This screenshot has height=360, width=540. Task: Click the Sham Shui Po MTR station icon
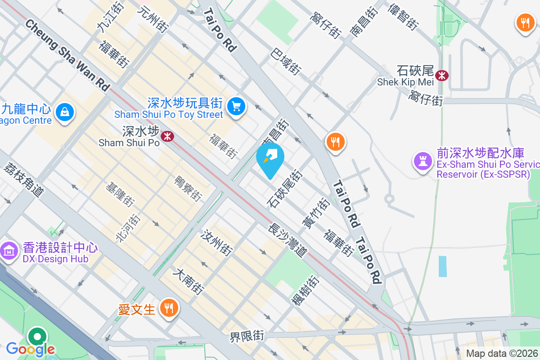tap(167, 135)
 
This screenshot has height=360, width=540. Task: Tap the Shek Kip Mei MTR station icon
tap(442, 75)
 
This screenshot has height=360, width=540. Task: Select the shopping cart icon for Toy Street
tap(236, 107)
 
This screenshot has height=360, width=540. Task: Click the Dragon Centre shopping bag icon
tap(65, 111)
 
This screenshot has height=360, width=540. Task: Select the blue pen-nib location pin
tap(270, 157)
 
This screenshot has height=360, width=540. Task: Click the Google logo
tap(30, 349)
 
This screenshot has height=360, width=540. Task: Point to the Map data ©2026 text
tap(502, 353)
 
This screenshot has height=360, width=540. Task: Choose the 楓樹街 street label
tap(306, 290)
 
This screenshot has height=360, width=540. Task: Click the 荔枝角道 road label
tap(23, 179)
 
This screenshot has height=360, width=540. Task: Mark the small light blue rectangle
tap(443, 266)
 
